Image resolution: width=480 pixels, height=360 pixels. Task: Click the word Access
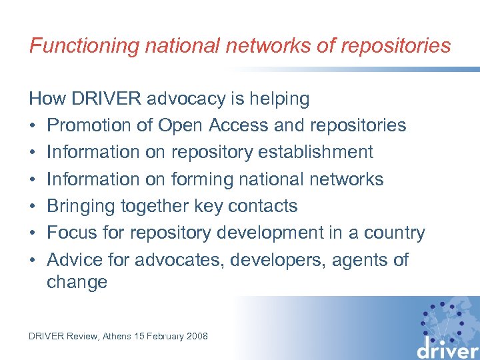click(240, 125)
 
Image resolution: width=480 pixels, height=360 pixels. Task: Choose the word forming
click(205, 179)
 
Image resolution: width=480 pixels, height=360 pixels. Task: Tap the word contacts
click(263, 206)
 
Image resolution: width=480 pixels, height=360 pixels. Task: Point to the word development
click(283, 233)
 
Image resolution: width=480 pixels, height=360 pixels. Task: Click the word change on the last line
click(77, 282)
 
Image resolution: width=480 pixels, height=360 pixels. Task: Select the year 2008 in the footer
click(197, 336)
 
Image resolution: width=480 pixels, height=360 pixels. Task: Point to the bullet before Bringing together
click(33, 206)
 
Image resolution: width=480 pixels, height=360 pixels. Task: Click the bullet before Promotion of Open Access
click(33, 125)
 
